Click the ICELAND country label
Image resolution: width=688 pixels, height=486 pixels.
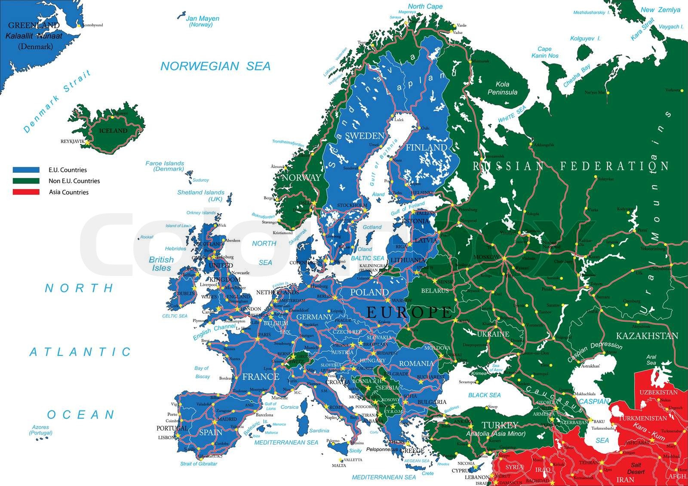click(x=113, y=131)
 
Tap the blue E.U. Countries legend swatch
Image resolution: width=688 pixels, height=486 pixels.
click(x=26, y=170)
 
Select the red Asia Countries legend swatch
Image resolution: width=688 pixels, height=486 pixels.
click(x=26, y=192)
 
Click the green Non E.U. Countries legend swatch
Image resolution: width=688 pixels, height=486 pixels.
click(x=26, y=181)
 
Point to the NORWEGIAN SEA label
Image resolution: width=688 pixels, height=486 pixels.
click(x=215, y=66)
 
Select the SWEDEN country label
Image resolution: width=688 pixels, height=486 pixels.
click(x=364, y=136)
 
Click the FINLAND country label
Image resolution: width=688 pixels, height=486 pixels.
click(x=426, y=147)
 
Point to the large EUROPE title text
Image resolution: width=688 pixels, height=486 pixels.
click(x=409, y=312)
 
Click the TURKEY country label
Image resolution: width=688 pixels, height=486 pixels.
click(x=499, y=425)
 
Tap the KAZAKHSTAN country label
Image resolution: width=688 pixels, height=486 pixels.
click(x=647, y=336)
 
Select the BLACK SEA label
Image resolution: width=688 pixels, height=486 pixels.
click(x=484, y=395)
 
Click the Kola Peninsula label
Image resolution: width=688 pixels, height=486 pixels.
click(x=502, y=89)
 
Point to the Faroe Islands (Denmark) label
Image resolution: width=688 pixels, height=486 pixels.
click(x=165, y=166)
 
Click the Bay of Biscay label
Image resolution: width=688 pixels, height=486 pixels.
click(x=202, y=372)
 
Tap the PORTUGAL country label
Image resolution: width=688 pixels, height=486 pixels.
click(x=172, y=428)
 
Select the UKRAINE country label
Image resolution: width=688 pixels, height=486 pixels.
click(x=493, y=334)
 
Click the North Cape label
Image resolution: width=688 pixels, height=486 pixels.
click(x=425, y=6)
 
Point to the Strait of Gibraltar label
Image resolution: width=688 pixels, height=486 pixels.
click(x=198, y=464)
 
